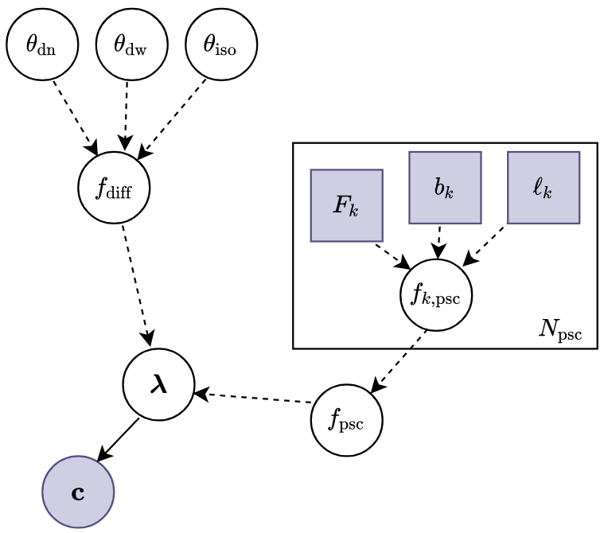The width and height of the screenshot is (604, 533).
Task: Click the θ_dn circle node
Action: coord(42,45)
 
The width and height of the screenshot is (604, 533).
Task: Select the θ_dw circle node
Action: coord(131,45)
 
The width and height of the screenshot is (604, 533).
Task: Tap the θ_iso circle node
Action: coord(221,45)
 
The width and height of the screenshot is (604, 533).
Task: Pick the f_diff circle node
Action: coord(114,189)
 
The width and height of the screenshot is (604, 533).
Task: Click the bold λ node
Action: coord(158,384)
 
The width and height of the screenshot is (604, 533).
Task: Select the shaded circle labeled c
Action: coord(78,492)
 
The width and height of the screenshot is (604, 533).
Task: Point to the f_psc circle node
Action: coord(346,420)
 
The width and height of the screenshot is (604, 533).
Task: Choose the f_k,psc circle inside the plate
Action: coord(435,295)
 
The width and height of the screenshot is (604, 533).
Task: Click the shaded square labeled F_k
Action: coord(346,205)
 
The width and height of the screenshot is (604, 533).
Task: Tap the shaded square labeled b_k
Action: coord(445,187)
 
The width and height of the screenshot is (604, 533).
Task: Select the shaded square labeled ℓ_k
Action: coord(544,187)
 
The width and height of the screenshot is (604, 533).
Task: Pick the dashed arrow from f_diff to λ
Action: coord(136,286)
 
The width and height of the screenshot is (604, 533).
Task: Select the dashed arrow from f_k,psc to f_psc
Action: coord(399,360)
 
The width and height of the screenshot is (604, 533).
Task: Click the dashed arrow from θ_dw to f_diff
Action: coord(126,116)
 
